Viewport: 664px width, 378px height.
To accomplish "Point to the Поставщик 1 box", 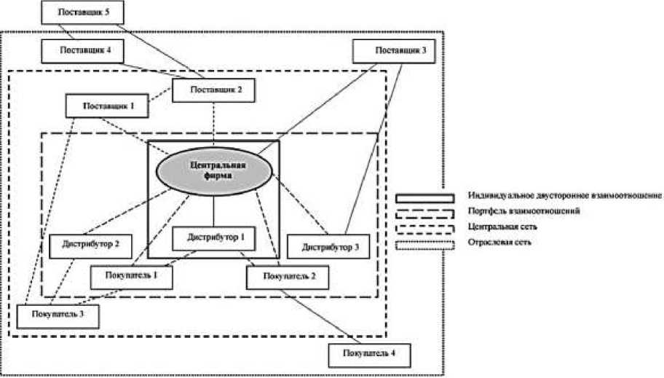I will coord(107,106).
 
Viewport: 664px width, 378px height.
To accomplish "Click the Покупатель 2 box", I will coord(287,277).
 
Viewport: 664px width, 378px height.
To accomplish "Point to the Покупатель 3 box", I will coord(58,315).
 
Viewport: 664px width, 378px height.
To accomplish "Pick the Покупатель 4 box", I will coord(369,355).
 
